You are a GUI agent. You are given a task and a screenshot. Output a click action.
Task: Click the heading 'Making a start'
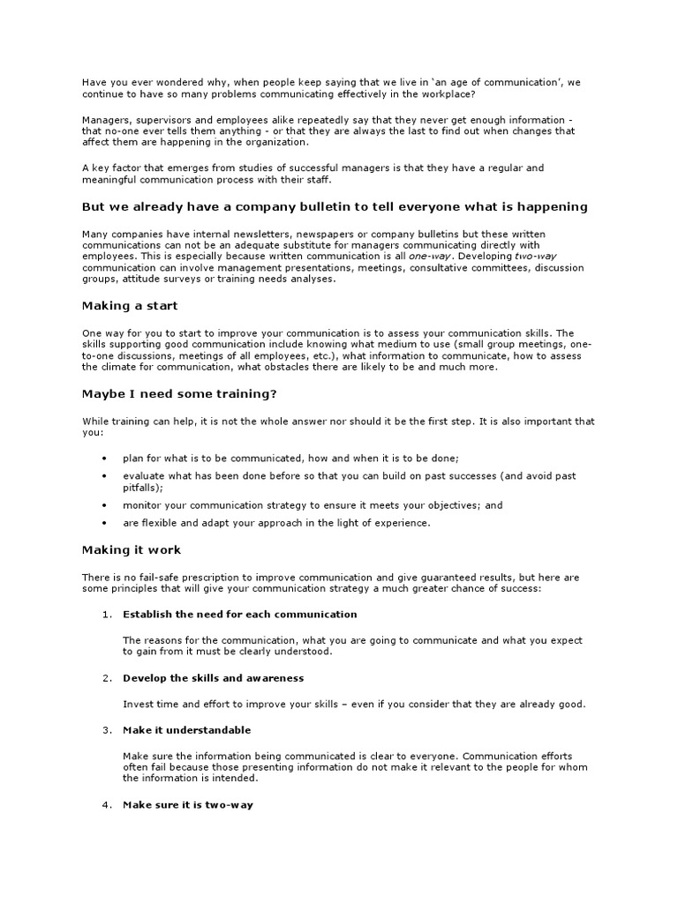pyautogui.click(x=130, y=306)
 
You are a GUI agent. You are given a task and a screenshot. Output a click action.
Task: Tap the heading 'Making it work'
pyautogui.click(x=132, y=550)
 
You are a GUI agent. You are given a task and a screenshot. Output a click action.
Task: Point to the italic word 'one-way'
pyautogui.click(x=427, y=256)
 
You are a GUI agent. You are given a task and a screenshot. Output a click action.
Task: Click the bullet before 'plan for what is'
pyautogui.click(x=104, y=459)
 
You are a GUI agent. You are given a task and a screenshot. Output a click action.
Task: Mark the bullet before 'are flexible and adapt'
pyautogui.click(x=104, y=523)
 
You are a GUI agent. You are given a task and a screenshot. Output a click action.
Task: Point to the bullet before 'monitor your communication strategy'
pyautogui.click(x=104, y=506)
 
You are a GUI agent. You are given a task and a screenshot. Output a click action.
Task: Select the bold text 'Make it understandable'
pyautogui.click(x=186, y=730)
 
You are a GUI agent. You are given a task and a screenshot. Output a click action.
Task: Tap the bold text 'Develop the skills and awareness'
pyautogui.click(x=213, y=678)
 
